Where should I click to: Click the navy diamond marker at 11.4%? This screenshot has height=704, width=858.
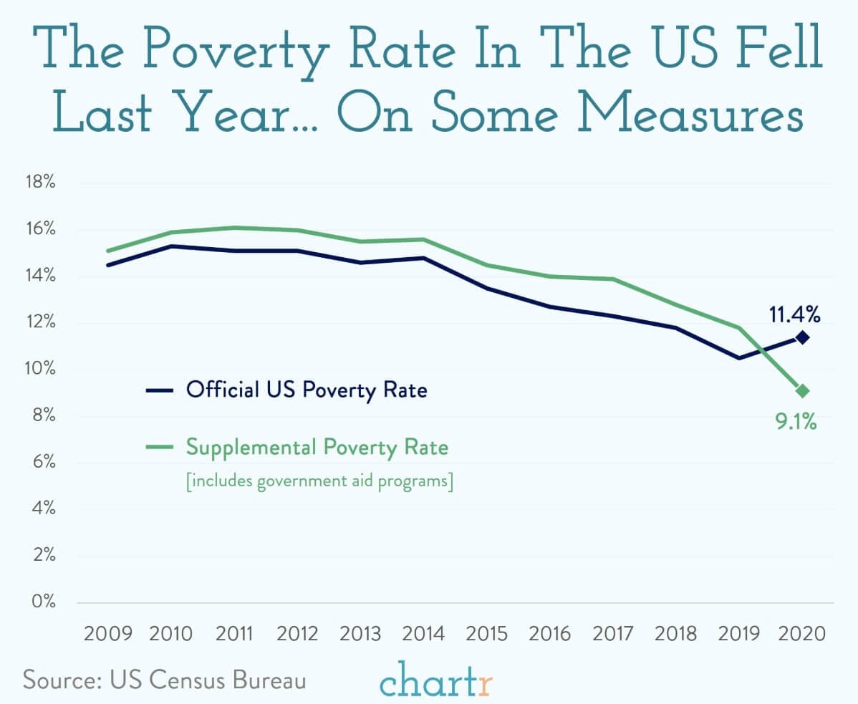tap(803, 337)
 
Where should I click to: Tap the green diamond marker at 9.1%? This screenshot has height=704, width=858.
tap(803, 391)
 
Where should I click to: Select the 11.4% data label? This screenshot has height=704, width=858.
tap(794, 314)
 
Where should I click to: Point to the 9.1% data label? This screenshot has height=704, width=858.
tap(796, 422)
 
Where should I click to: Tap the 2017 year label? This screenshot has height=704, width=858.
tap(613, 634)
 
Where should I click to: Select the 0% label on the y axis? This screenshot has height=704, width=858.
tap(44, 602)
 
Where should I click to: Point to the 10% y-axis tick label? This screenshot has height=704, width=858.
tap(42, 369)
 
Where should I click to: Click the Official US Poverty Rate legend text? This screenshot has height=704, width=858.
tap(307, 390)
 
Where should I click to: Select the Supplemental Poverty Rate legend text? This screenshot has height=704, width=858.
tap(317, 448)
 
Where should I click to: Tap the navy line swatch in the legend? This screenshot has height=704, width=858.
tap(159, 390)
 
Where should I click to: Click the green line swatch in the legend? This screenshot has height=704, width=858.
tap(159, 448)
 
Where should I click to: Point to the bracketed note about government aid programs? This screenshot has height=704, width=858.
tap(319, 482)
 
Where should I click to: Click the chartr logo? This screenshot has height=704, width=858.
tap(437, 681)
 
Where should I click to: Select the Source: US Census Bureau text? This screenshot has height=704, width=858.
tap(164, 679)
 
